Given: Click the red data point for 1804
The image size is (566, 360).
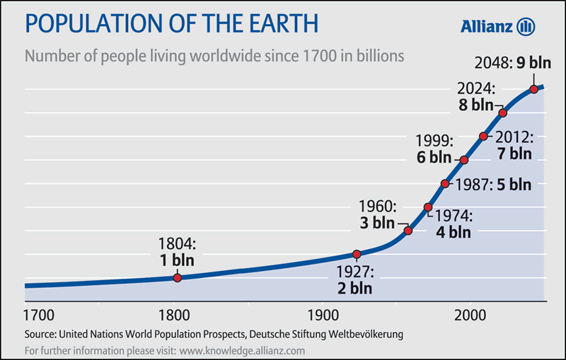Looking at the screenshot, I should pos(177,278).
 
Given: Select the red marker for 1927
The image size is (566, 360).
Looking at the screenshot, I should pos(357,254).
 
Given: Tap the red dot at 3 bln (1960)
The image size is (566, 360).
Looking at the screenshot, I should pos(408,231).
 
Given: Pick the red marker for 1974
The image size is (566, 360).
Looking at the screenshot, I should pos(428,207).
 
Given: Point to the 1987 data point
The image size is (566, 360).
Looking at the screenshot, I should pos(445,184).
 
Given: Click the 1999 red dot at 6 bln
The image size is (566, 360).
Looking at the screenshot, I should pos(464,160).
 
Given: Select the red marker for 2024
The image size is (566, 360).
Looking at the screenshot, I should pos(503,113).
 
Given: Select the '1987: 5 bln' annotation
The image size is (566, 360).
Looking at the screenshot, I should pos(493,184).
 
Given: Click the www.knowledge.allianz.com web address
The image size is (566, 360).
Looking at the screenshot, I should pos(242,350).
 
